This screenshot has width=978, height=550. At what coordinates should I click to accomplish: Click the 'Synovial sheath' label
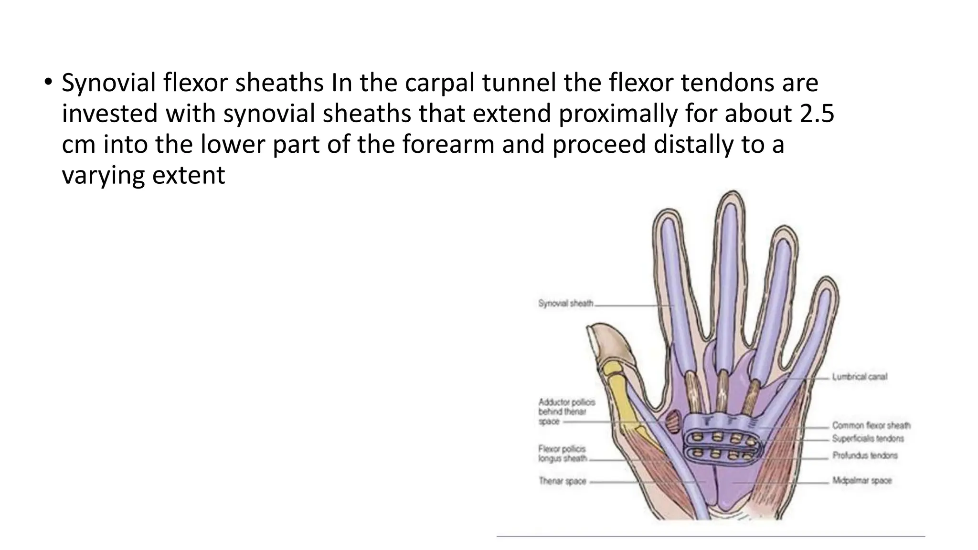[x=565, y=303]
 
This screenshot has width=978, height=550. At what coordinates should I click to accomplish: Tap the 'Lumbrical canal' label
[x=860, y=377]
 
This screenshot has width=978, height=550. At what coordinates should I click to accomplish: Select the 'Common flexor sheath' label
[x=871, y=425]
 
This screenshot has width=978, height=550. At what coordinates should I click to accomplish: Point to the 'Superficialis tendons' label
[x=868, y=438]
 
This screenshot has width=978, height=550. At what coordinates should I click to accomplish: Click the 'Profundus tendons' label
[x=865, y=455]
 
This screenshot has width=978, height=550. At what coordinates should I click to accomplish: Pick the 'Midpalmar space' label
[x=862, y=480]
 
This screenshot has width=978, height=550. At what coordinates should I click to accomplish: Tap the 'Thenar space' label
[x=563, y=481]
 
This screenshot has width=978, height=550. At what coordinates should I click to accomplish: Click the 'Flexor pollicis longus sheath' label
[x=563, y=454]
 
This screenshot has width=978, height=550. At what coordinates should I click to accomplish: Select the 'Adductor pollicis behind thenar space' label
[x=566, y=412]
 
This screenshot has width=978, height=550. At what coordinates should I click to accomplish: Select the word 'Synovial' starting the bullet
[x=109, y=83]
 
